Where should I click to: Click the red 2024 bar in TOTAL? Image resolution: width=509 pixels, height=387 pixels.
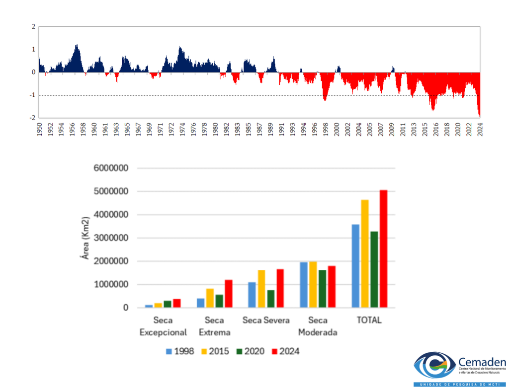coord(383,249)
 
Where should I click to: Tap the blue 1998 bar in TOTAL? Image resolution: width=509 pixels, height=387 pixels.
coord(355,266)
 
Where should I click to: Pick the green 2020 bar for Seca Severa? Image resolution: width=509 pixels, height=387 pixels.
coord(271,299)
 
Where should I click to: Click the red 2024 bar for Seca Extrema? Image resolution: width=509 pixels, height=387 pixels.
coord(228,294)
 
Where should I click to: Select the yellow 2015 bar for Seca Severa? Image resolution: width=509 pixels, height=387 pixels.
coord(261,289)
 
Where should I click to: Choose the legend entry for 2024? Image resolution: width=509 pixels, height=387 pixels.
coord(284,351)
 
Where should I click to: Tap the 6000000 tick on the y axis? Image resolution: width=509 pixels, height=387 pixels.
coord(110,168)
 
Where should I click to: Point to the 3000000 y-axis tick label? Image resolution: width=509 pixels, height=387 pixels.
coord(110,238)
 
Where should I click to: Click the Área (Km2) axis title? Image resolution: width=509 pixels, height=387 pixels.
coord(85,238)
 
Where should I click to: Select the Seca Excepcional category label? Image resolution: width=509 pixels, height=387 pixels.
coord(163,326)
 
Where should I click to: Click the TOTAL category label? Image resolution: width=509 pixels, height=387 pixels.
coord(369,321)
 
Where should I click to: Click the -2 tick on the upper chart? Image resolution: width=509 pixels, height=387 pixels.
coord(33,118)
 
